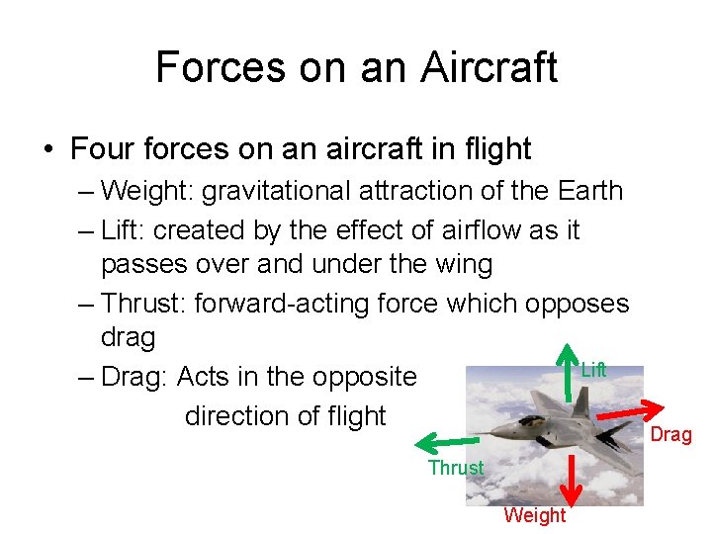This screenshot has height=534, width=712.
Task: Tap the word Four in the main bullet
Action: [104, 149]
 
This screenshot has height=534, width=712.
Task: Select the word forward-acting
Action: [280, 302]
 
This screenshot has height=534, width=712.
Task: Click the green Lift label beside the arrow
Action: [593, 370]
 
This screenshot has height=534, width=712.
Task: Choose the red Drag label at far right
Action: [670, 435]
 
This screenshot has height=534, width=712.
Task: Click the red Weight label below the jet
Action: [534, 515]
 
